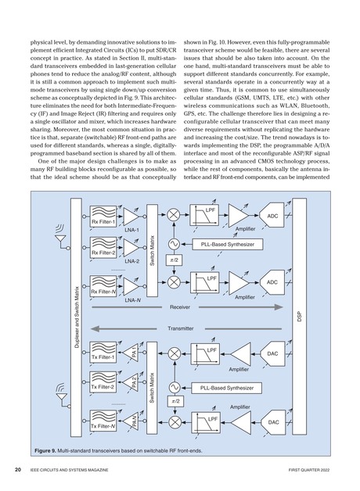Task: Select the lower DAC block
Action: point(272,422)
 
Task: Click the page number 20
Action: point(16,470)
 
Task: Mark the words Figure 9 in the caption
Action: point(50,451)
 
